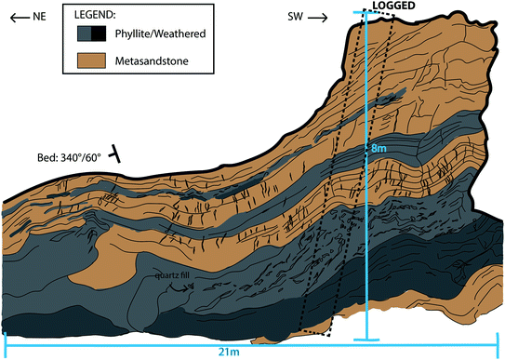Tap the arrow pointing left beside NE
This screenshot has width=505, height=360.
tap(12, 17)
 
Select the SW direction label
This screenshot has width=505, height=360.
tap(293, 17)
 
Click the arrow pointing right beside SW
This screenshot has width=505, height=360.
tap(318, 17)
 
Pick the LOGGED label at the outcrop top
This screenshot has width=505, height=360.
tap(393, 7)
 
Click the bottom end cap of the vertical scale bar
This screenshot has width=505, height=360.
tap(367, 339)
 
